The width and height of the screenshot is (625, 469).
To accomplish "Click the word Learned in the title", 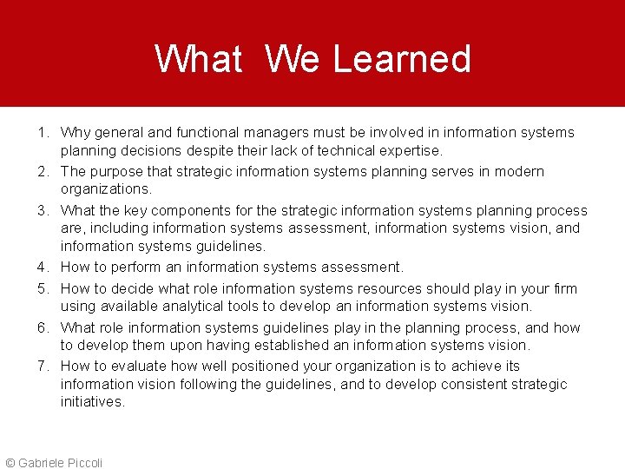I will tap(402, 59).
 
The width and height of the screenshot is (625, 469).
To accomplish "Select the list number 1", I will tap(42, 133).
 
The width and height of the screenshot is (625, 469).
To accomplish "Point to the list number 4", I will tap(42, 267).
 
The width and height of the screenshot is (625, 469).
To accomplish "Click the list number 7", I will tap(42, 367).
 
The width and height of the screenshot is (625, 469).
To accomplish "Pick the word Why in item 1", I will tap(75, 133).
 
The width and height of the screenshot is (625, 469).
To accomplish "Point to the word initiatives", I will tap(92, 401).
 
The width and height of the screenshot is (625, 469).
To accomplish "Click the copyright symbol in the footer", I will tap(10, 463).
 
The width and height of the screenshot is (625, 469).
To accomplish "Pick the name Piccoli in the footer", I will tap(84, 463).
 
